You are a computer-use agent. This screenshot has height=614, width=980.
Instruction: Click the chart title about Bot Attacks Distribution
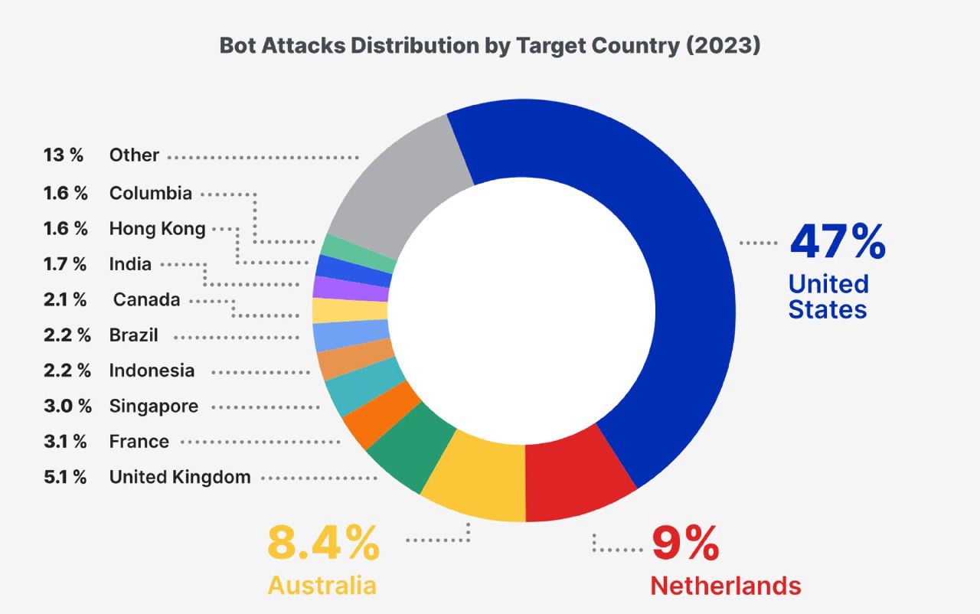(x=490, y=46)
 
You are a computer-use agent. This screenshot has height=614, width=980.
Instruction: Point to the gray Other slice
(x=390, y=188)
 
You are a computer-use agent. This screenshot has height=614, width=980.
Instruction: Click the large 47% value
(x=837, y=241)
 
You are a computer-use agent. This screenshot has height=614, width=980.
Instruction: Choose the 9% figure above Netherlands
(x=684, y=543)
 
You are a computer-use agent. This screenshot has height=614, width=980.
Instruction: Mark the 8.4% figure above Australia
(x=322, y=543)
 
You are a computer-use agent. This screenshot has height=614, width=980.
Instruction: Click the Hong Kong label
(x=157, y=228)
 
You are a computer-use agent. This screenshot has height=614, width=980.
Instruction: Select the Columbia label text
(x=150, y=193)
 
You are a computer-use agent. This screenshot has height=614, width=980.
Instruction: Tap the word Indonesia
(x=152, y=371)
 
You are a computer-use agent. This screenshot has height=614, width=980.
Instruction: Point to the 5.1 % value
(x=65, y=477)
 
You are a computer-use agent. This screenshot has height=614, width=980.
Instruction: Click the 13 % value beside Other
(x=63, y=155)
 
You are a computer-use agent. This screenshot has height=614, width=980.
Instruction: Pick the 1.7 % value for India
(x=65, y=264)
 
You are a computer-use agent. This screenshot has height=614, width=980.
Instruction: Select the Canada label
(x=146, y=299)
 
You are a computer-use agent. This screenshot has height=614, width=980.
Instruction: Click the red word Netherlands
(x=725, y=586)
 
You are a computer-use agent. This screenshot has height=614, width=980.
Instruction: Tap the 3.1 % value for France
(x=65, y=442)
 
